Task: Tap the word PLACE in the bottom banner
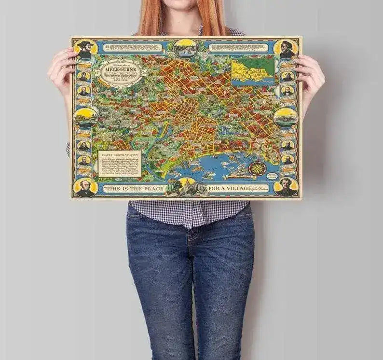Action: click(149, 188)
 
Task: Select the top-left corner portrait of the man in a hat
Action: click(85, 48)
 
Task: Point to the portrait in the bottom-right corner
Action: click(286, 187)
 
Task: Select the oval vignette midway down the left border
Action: click(85, 116)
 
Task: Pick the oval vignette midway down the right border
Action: click(286, 117)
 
